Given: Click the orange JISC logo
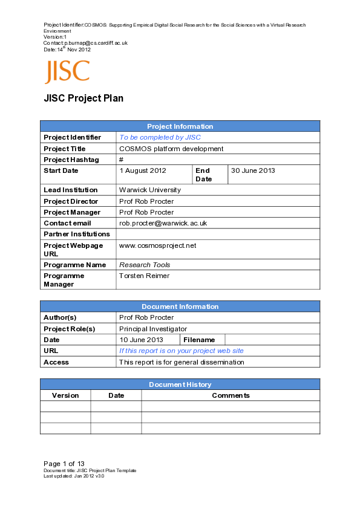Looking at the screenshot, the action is click(x=67, y=72).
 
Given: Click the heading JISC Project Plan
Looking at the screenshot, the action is click(x=83, y=99).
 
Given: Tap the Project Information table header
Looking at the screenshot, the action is click(x=180, y=126).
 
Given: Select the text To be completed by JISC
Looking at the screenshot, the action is click(x=160, y=138).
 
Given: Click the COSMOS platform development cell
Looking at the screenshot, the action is click(x=171, y=149).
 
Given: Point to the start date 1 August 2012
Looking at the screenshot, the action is click(x=142, y=170).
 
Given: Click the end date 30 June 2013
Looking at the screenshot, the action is click(x=253, y=170).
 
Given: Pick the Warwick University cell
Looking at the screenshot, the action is click(x=150, y=190).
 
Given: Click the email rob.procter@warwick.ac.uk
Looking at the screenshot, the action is click(x=163, y=223).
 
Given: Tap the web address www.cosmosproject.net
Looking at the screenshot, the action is click(x=158, y=245).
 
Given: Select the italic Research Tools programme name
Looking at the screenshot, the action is click(x=145, y=265).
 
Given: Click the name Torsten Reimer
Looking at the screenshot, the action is click(x=144, y=276).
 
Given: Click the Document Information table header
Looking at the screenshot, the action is click(x=180, y=306).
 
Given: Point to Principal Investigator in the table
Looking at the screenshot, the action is click(x=153, y=329).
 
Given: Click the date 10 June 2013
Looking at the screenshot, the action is click(x=141, y=340).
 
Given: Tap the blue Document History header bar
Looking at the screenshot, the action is click(x=180, y=384).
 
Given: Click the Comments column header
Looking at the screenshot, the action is click(x=231, y=395).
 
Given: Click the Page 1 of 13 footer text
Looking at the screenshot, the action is click(x=64, y=464).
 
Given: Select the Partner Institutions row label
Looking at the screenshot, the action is click(x=77, y=234).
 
